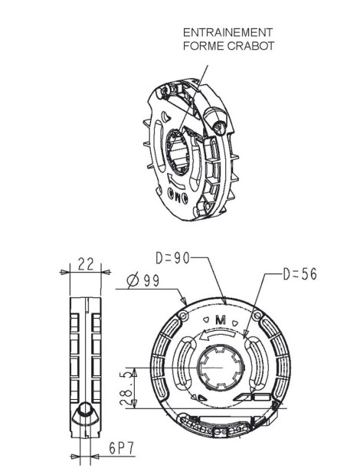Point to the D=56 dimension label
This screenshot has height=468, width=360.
pyautogui.click(x=296, y=273)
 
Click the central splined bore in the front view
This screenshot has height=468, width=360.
pyautogui.click(x=221, y=368)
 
